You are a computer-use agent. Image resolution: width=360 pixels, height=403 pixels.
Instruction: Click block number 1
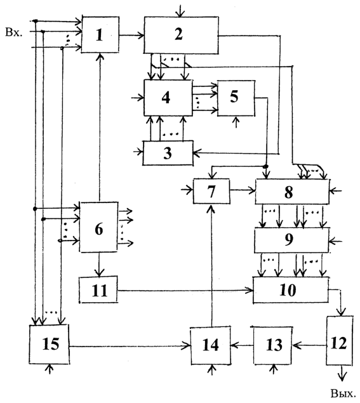[x=100, y=35]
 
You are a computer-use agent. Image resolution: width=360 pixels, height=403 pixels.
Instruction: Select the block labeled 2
[x=182, y=35]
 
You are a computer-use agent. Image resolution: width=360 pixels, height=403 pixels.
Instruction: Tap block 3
[x=168, y=153]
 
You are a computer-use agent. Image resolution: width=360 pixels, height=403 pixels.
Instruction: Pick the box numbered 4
[x=168, y=98]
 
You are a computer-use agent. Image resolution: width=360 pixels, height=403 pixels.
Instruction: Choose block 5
[x=236, y=98]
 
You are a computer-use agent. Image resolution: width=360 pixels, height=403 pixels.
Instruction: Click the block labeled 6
[x=99, y=227]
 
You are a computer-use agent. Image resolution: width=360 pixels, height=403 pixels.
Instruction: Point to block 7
[x=211, y=191]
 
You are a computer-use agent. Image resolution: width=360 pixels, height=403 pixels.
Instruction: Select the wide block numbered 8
[x=292, y=192]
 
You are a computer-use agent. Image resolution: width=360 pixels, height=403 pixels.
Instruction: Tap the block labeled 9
[x=291, y=241]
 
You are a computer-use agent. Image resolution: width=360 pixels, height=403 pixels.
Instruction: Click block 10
[x=291, y=290]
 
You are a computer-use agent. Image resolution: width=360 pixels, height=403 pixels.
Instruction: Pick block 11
[x=98, y=289]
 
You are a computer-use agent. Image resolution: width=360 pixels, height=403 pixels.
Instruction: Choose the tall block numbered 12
[x=340, y=341]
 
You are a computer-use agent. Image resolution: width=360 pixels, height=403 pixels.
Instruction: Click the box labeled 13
[x=273, y=345]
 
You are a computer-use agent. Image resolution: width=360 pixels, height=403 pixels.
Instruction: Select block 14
[x=211, y=346]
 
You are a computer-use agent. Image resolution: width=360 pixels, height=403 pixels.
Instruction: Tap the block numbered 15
[x=49, y=345]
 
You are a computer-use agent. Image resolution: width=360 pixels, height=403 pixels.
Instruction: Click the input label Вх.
[x=14, y=33]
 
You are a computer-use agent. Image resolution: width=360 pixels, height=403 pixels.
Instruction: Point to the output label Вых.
[x=343, y=393]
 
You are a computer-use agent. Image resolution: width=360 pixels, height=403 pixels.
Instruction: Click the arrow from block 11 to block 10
[x=185, y=291]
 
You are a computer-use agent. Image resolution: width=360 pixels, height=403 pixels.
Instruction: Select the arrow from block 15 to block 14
[x=130, y=347]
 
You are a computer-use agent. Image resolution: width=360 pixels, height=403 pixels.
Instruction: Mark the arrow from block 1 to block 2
[x=131, y=35]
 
